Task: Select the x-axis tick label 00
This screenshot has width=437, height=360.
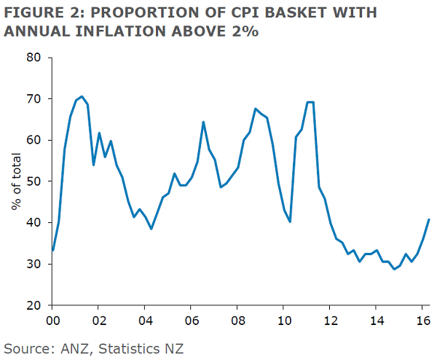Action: point(52,319)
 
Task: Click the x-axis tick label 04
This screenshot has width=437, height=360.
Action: point(145,319)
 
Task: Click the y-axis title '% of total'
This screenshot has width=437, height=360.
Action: point(15,181)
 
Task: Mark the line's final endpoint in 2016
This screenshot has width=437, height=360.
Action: point(429,219)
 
